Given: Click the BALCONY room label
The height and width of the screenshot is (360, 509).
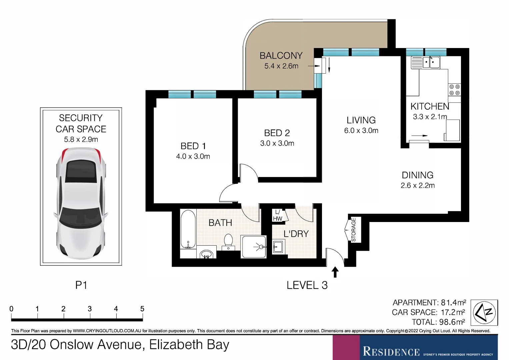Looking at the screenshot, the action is [281, 56].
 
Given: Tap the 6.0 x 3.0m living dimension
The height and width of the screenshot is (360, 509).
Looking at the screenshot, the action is [361, 131].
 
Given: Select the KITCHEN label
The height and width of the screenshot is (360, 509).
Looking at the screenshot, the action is [430, 106].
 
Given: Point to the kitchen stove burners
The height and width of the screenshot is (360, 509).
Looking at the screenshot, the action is [454, 90].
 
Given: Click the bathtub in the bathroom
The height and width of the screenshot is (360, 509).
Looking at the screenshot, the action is [188, 229].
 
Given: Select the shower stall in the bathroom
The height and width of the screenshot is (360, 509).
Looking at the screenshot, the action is [254, 247].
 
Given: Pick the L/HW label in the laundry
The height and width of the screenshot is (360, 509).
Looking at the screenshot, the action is [277, 215].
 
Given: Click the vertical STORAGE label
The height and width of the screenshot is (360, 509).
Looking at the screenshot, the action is [353, 230].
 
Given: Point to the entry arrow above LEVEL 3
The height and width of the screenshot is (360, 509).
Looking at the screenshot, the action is [335, 272].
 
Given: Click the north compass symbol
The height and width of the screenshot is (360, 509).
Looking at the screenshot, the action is [484, 313].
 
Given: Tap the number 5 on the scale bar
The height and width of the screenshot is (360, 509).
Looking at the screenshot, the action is [142, 309].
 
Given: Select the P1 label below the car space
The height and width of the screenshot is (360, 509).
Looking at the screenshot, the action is [81, 285].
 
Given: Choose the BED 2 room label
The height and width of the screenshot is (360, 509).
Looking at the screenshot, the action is [277, 133].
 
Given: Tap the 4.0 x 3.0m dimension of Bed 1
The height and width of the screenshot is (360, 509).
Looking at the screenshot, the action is [193, 156].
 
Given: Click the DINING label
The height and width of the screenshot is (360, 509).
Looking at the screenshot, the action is [418, 175].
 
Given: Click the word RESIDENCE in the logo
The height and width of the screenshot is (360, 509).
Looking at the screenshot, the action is [391, 351].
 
